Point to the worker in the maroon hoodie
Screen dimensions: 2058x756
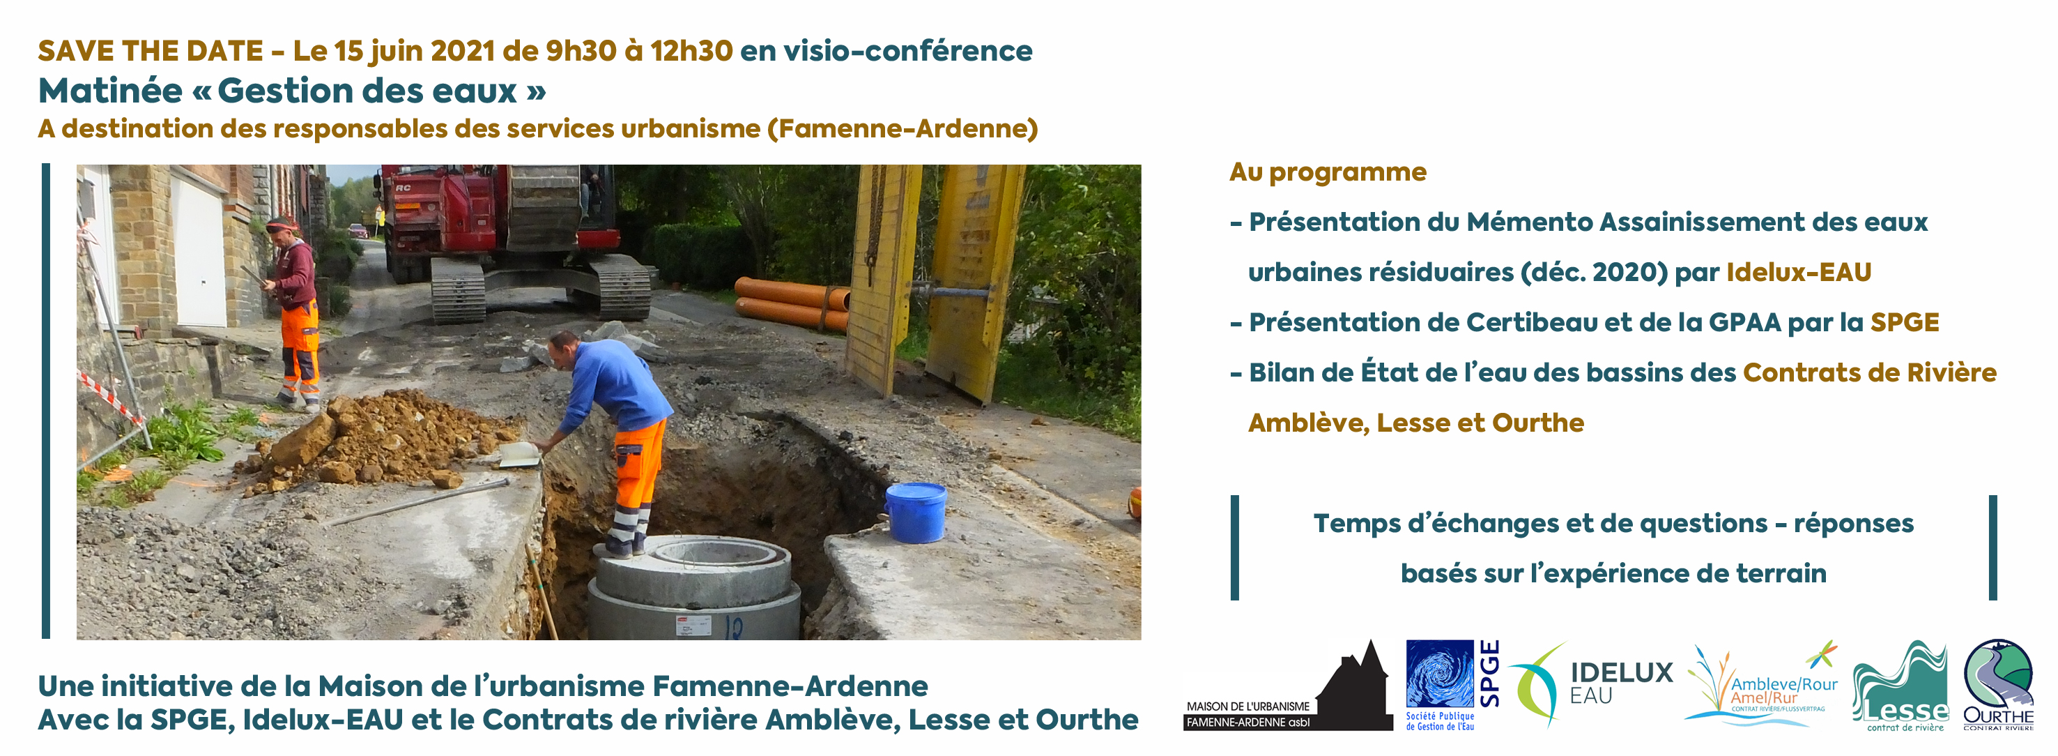[x=294, y=311]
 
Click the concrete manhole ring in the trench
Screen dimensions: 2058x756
[x=694, y=588]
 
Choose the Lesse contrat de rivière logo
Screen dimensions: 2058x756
[x=1900, y=686]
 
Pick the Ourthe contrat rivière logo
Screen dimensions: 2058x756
[x=1998, y=685]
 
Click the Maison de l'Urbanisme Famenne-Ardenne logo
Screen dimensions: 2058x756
[x=1288, y=686]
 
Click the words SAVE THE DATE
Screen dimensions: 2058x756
[x=151, y=51]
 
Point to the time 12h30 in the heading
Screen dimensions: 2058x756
[x=691, y=51]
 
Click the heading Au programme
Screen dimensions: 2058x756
[x=1328, y=172]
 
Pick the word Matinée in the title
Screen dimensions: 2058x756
[x=110, y=91]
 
